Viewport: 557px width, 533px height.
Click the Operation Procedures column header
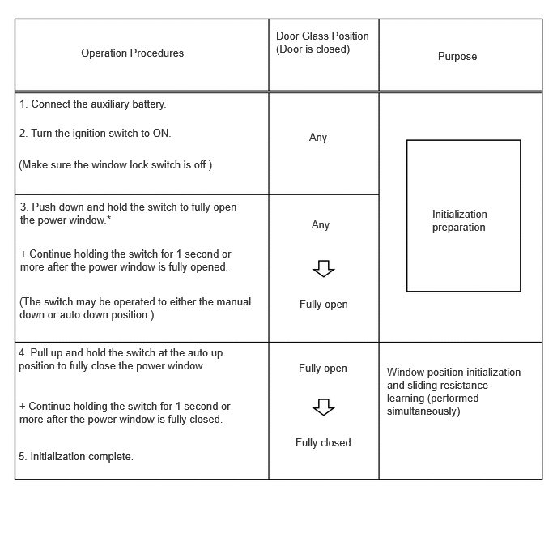132,53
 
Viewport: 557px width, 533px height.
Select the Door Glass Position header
322,42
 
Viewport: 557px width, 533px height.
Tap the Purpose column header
457,57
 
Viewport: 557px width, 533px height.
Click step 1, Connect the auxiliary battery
93,104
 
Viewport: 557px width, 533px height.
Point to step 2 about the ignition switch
96,133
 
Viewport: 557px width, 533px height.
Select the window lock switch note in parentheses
115,165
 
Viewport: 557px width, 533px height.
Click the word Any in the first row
318,138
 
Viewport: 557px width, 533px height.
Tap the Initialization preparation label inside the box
459,221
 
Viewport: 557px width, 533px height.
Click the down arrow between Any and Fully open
324,268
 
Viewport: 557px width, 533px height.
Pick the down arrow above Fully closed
324,407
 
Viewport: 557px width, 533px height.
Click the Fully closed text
323,443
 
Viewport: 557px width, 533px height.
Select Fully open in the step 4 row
322,369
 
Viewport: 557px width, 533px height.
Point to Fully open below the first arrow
323,305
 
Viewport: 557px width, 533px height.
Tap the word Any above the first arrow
321,225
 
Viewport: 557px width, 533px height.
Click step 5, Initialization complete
76,457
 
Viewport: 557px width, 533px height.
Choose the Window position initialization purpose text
453,391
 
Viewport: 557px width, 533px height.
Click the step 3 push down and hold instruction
128,213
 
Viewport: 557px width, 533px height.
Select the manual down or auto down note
135,308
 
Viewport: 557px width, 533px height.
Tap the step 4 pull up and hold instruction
121,360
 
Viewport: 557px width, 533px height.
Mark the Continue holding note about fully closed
125,412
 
